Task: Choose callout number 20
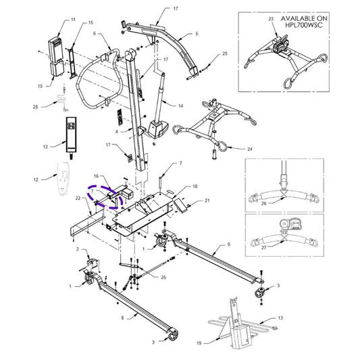(x=225, y=53)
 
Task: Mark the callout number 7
(x=180, y=163)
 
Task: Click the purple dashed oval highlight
(x=101, y=196)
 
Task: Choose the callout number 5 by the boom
(x=197, y=33)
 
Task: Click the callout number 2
(x=78, y=250)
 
